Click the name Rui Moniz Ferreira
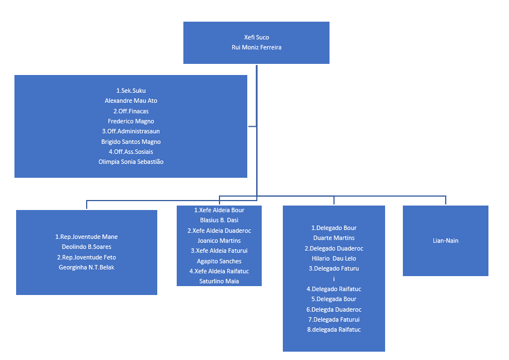(256, 48)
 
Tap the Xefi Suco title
(256, 37)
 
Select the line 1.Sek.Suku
(131, 91)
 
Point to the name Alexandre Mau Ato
(131, 101)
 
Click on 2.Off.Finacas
(131, 111)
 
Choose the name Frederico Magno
(131, 121)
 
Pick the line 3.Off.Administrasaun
(131, 132)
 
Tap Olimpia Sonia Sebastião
(131, 162)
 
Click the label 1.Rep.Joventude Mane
(86, 237)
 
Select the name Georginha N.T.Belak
(86, 267)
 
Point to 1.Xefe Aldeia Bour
(219, 211)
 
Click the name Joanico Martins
(219, 241)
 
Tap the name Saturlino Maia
(219, 281)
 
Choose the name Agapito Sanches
(219, 261)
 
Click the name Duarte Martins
(333, 238)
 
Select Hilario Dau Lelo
(333, 258)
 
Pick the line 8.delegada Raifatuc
(333, 329)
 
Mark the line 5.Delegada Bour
(333, 299)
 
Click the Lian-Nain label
(445, 241)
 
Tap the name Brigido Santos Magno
(131, 142)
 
